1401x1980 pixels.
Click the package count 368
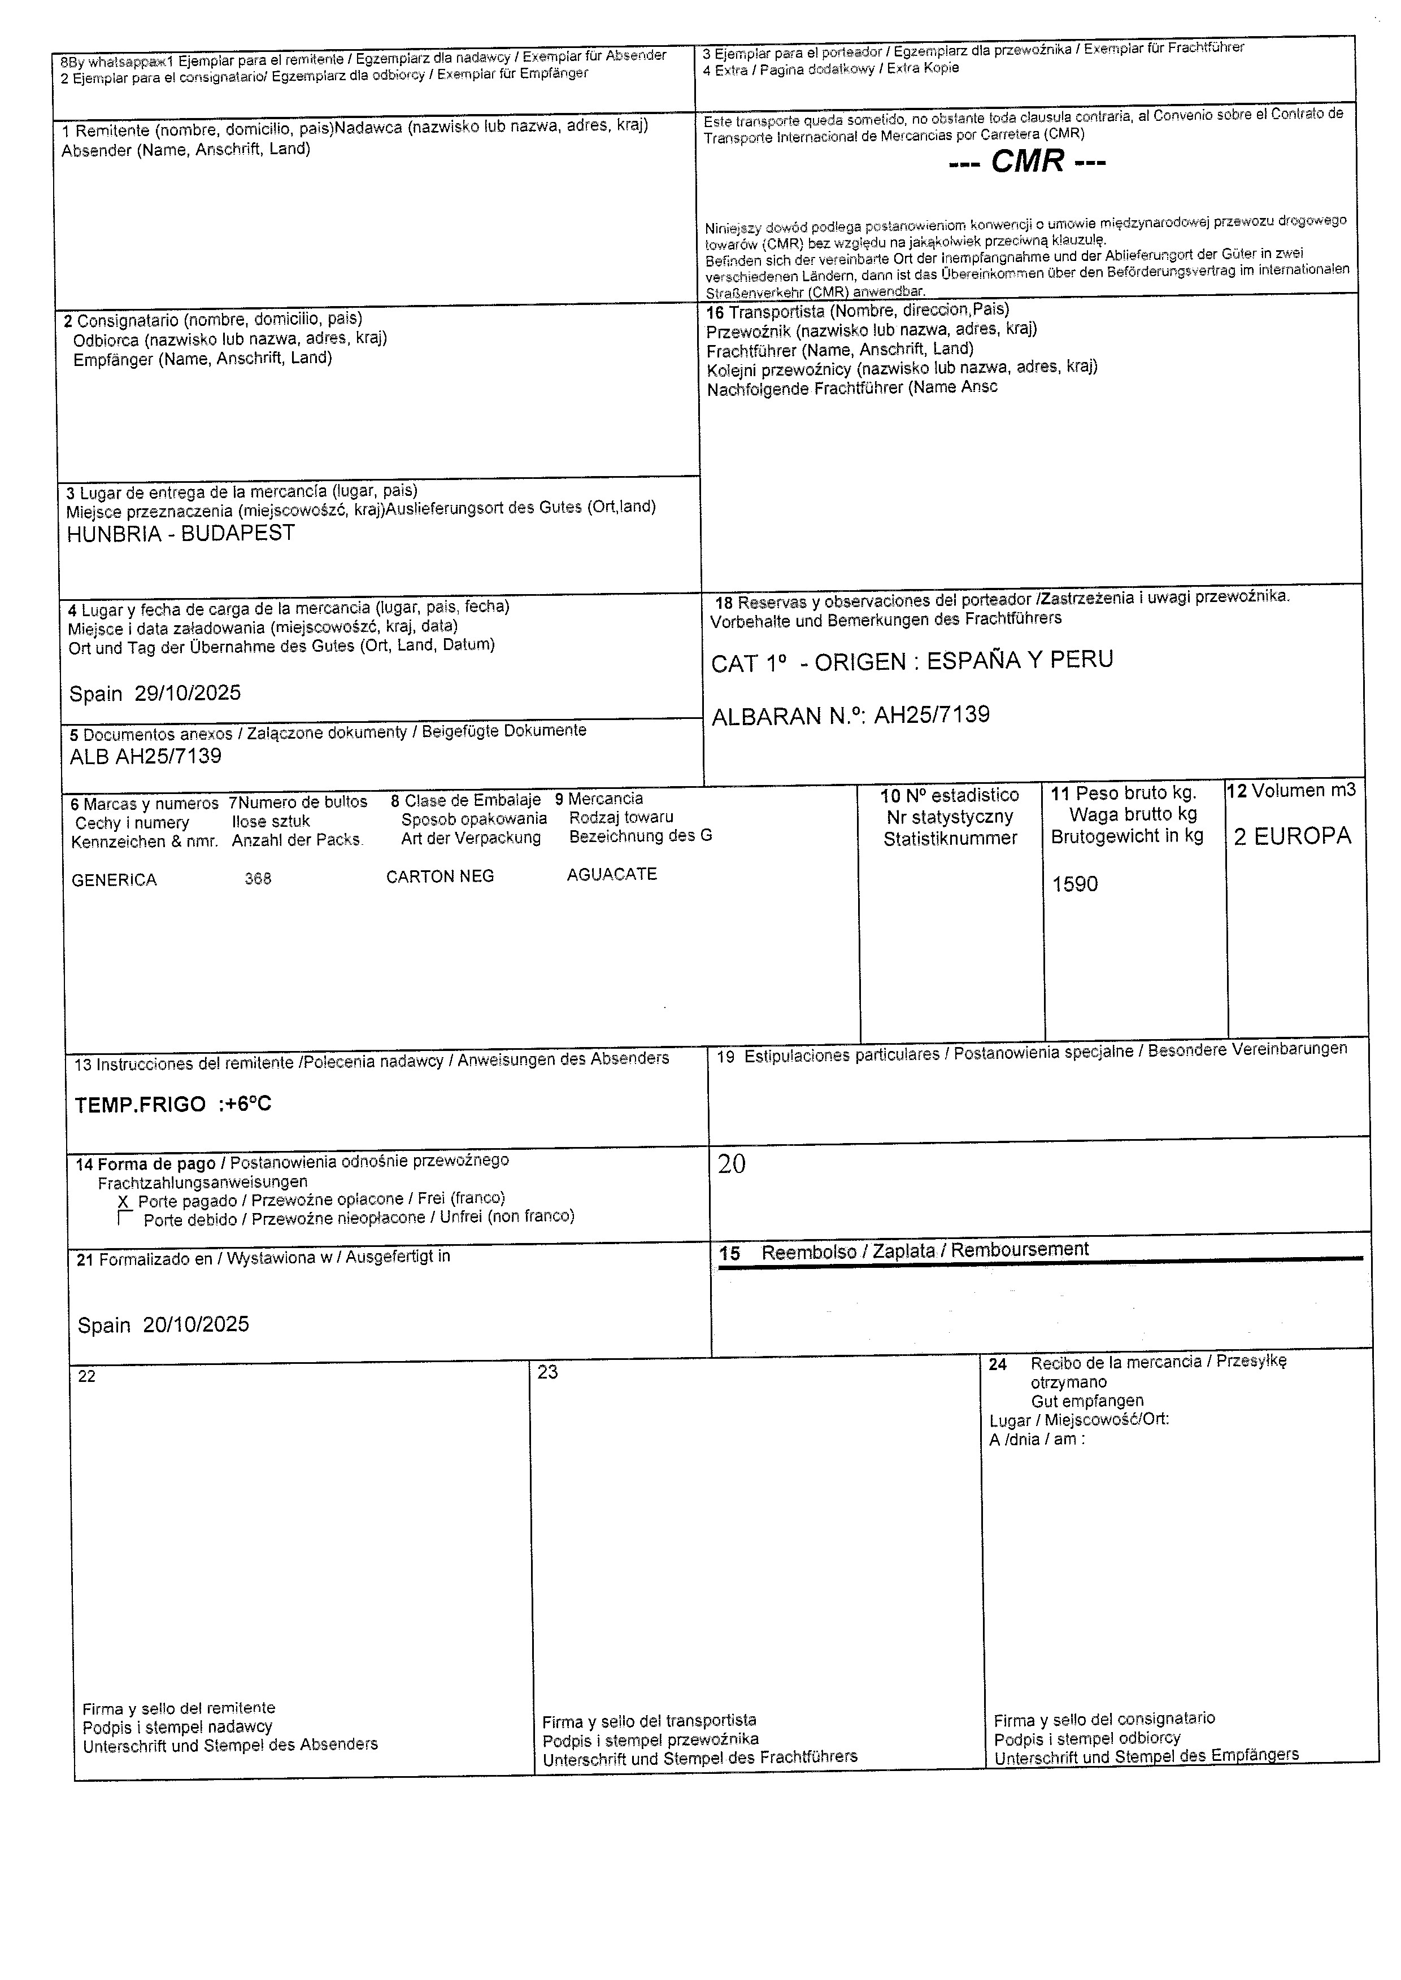[258, 879]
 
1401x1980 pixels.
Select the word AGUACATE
[612, 874]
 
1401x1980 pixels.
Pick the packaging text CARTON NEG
[440, 877]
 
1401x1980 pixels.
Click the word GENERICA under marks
[114, 880]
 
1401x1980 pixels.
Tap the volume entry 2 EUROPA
[1293, 836]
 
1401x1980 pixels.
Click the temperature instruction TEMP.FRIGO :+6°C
[173, 1105]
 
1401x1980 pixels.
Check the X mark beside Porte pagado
[123, 1201]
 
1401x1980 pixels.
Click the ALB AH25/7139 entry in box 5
[146, 756]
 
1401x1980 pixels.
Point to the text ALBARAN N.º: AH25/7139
[851, 715]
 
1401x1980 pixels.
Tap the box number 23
[548, 1372]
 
